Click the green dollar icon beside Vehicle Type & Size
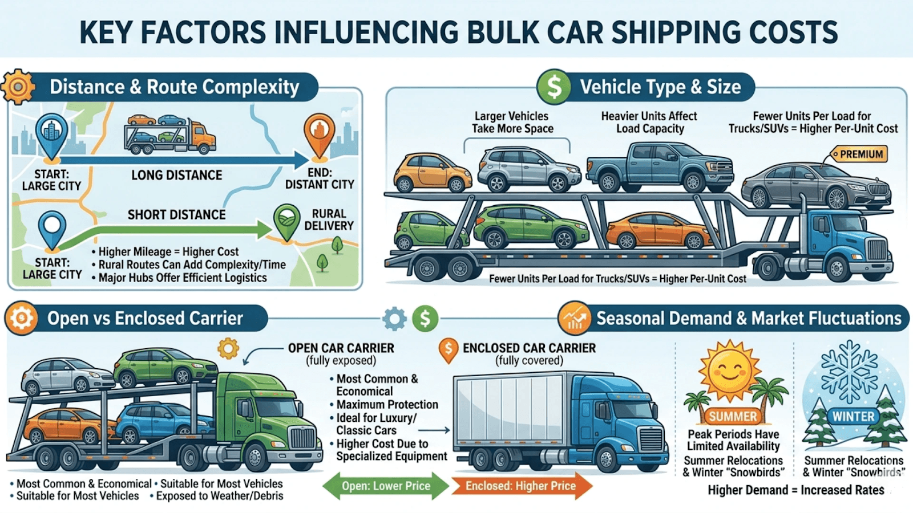coord(554,87)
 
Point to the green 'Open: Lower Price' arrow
coord(386,486)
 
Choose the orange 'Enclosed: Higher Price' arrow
coord(521,486)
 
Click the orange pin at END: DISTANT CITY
coord(319,136)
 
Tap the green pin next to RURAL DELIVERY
coord(287,221)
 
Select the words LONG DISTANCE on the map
coord(176,175)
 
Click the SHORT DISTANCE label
coord(176,215)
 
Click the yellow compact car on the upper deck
coord(432,172)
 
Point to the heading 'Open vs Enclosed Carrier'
coord(145,318)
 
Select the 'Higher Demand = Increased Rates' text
coord(796,490)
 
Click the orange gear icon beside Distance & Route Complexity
coord(18,87)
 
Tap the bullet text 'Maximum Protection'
coord(387,405)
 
